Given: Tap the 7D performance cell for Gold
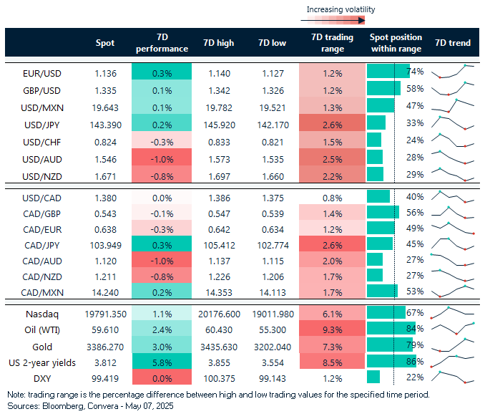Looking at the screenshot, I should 162,347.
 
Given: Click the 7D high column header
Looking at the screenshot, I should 220,43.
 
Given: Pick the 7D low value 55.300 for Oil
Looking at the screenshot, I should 273,330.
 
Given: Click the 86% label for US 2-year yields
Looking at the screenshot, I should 415,363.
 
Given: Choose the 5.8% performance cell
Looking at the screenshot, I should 162,363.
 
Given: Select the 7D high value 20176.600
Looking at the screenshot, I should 220,313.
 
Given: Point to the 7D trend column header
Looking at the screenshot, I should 452,43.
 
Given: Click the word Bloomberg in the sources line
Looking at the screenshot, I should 54,405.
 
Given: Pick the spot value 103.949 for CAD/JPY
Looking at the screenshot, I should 104,244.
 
